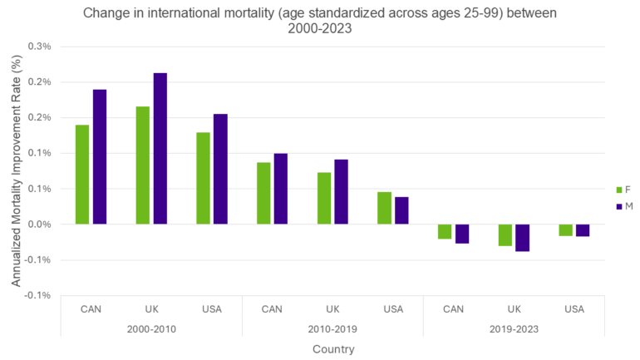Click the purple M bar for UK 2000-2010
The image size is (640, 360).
[160, 149]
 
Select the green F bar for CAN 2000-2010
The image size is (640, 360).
[82, 175]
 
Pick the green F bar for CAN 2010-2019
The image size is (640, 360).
[263, 193]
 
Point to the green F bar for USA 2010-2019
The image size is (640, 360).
[384, 208]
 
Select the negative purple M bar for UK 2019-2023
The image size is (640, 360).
[522, 238]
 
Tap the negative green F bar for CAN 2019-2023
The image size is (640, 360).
[445, 231]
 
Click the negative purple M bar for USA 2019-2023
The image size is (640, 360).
[583, 230]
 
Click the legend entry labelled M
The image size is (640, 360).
[621, 206]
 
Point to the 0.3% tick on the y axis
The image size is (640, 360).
[39, 47]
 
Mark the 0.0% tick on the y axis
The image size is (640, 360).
[39, 224]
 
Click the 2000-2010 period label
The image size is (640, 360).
[151, 329]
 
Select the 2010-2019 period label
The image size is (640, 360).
[332, 329]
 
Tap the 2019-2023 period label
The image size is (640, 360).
[514, 329]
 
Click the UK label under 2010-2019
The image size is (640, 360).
[332, 309]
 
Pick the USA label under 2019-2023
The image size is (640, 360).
[574, 309]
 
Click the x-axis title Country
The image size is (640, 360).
[332, 349]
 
